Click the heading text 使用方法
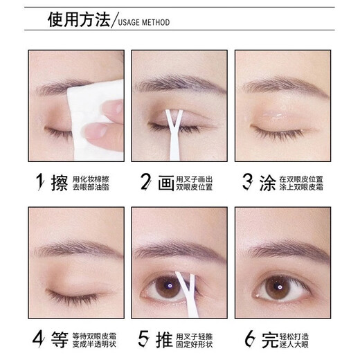(x=78, y=19)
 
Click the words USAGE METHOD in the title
(x=144, y=23)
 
